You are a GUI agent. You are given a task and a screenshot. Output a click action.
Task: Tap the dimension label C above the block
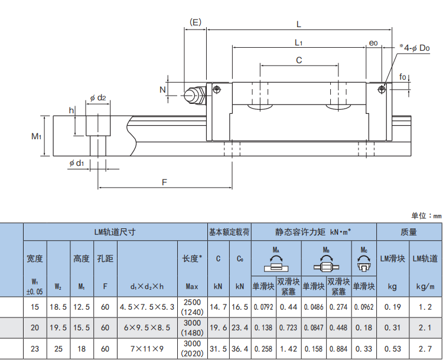click(x=299, y=60)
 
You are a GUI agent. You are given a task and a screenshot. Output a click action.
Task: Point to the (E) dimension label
click(x=196, y=23)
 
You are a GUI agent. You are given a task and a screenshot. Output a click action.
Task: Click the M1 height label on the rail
click(x=36, y=136)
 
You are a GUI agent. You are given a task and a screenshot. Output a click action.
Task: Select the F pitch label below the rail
click(x=165, y=182)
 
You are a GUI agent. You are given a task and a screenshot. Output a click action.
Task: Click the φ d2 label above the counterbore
click(x=98, y=98)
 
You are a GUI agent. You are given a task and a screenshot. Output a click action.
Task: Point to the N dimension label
click(x=162, y=89)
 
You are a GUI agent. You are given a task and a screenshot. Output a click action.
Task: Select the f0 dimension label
click(x=402, y=77)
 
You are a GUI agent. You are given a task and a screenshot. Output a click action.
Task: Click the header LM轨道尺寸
click(x=115, y=233)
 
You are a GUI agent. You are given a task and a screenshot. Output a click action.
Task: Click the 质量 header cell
click(x=409, y=233)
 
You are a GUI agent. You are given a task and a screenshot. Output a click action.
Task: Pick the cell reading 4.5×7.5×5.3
click(x=147, y=307)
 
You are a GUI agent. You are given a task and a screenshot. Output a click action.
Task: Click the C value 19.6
click(x=218, y=328)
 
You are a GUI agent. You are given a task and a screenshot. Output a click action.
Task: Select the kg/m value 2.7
click(x=426, y=348)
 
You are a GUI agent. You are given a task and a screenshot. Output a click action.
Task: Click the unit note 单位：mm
click(x=426, y=216)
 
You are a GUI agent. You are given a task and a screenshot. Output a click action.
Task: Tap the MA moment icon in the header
click(x=276, y=260)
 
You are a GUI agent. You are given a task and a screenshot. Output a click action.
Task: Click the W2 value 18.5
click(x=58, y=307)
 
